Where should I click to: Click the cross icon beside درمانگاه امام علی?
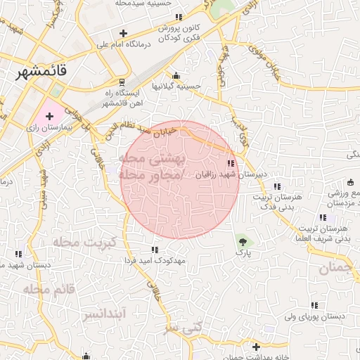[124, 32]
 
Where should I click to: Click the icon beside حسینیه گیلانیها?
[176, 76]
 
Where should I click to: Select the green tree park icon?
[243, 240]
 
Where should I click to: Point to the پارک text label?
[243, 251]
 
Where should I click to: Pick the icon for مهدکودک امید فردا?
[155, 250]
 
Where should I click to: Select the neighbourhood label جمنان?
[333, 266]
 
